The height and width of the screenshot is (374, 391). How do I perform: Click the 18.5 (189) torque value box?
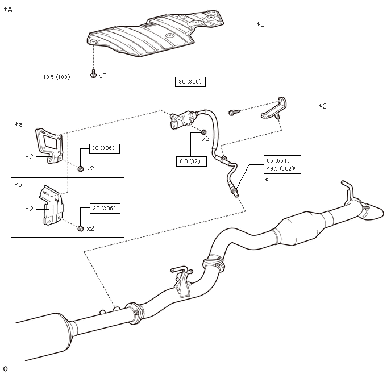coord(56,77)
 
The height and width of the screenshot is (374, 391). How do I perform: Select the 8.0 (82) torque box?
coord(192,161)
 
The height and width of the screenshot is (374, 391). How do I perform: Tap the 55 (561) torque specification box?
coord(282,165)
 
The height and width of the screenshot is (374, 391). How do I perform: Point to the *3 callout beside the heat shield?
coord(261,24)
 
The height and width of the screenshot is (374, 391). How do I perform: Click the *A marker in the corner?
coord(8,10)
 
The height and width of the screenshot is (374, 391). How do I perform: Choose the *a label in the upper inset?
coord(19,124)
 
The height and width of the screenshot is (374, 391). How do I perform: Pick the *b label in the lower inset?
coord(18,185)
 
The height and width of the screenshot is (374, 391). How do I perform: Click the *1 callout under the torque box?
coord(268,180)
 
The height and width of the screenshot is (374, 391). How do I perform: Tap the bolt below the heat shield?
coord(93,73)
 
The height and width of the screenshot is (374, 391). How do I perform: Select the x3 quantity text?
coord(103,76)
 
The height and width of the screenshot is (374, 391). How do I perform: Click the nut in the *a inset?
coord(80,169)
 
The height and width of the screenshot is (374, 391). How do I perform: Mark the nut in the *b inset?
coord(80,228)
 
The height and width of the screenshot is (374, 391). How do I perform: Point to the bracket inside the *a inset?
coord(49,146)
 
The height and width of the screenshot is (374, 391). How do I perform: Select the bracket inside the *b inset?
coord(51,205)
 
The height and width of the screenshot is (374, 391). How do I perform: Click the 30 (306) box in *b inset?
coord(105,209)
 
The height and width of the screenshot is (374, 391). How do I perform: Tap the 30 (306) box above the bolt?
coord(190,81)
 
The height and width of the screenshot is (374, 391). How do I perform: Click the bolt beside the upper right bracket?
coord(234,112)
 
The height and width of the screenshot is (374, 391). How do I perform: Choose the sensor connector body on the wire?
coord(184,119)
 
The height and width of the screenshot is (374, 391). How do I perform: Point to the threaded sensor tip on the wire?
coord(234,192)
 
